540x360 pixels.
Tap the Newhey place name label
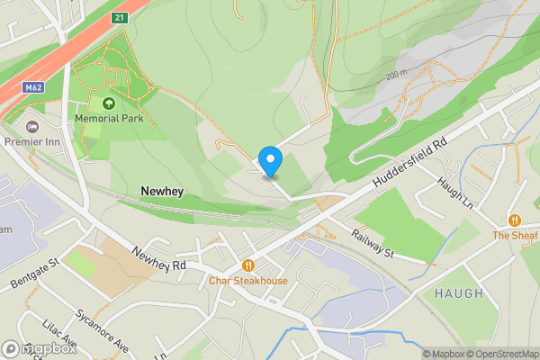pyautogui.click(x=163, y=192)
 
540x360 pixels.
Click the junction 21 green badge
pyautogui.click(x=120, y=17)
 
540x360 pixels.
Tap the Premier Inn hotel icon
pyautogui.click(x=33, y=127)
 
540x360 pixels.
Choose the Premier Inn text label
pyautogui.click(x=33, y=142)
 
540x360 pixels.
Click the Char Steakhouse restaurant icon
pyautogui.click(x=248, y=265)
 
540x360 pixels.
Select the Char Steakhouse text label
pyautogui.click(x=248, y=281)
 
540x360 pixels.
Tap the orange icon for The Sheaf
pyautogui.click(x=514, y=220)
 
